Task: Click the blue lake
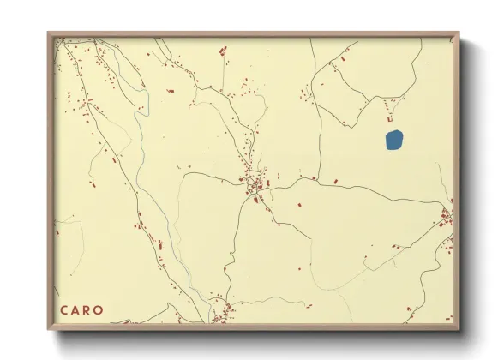tap(393, 140)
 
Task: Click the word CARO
tap(82, 310)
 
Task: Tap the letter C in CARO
tap(64, 310)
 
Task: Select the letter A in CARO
tap(76, 310)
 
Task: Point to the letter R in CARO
tap(88, 310)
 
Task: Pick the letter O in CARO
tap(100, 310)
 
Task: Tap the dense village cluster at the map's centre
tap(254, 182)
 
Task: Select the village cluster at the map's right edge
tap(446, 218)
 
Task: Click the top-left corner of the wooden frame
tap(49, 34)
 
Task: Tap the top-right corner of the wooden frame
tap(459, 34)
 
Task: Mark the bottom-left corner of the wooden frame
tap(49, 329)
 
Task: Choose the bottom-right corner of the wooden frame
tap(459, 329)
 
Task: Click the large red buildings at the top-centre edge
tap(223, 52)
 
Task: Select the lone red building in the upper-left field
tap(170, 89)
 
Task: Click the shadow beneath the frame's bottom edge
tap(257, 338)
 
